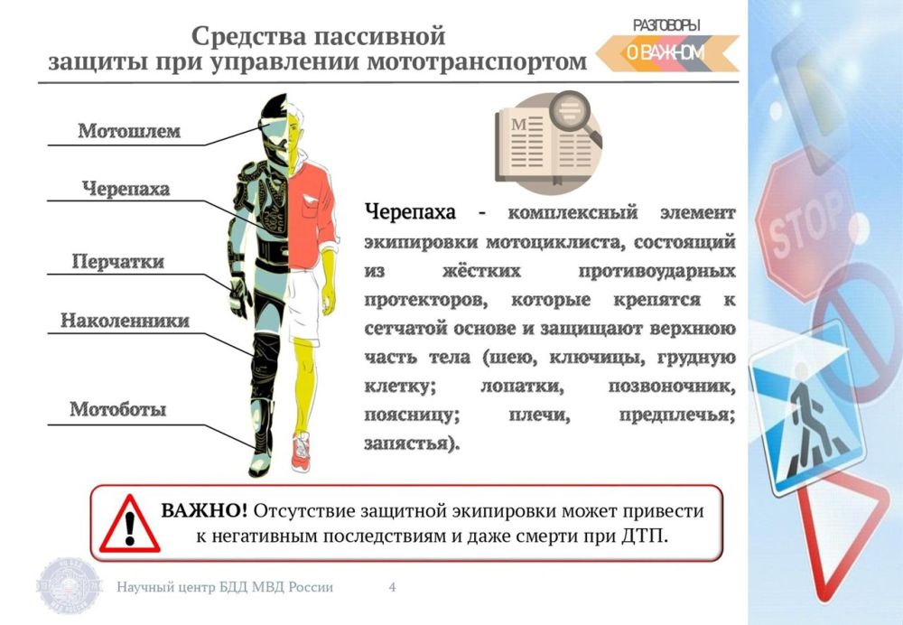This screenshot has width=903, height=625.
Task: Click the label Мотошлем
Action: click(129, 131)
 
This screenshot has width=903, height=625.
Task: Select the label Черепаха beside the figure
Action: click(126, 189)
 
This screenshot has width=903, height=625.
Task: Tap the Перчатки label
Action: click(118, 262)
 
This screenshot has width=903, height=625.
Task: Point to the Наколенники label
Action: click(125, 321)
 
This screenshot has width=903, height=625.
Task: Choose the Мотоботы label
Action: click(118, 409)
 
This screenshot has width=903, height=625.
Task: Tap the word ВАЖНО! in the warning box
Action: click(204, 510)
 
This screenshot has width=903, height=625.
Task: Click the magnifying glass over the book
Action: click(574, 117)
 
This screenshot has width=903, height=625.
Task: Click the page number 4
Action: click(392, 587)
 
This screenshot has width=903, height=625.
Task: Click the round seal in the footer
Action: click(70, 585)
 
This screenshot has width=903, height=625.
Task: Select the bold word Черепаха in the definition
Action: click(411, 212)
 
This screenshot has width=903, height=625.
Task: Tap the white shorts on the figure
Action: click(303, 306)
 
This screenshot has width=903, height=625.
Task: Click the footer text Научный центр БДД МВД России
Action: click(225, 587)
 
